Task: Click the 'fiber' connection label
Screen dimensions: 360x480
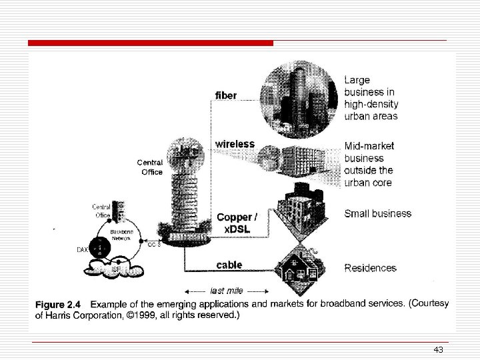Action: [225, 96]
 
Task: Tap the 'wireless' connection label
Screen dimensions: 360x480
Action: [234, 144]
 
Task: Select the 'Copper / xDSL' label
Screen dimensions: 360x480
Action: [235, 222]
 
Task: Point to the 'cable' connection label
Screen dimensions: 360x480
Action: [229, 265]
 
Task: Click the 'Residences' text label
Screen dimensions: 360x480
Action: [370, 268]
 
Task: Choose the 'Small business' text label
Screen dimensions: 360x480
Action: [377, 213]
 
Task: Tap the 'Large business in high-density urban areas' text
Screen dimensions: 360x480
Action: [371, 98]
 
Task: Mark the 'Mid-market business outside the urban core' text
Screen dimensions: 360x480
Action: [369, 164]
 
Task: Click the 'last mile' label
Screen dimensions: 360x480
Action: [226, 291]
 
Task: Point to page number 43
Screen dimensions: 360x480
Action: [438, 350]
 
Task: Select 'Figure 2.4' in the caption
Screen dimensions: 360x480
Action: [59, 304]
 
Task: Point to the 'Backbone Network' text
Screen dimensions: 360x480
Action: [121, 233]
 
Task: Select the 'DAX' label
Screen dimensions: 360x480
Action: [83, 250]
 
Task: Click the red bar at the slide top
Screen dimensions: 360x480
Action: [151, 43]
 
